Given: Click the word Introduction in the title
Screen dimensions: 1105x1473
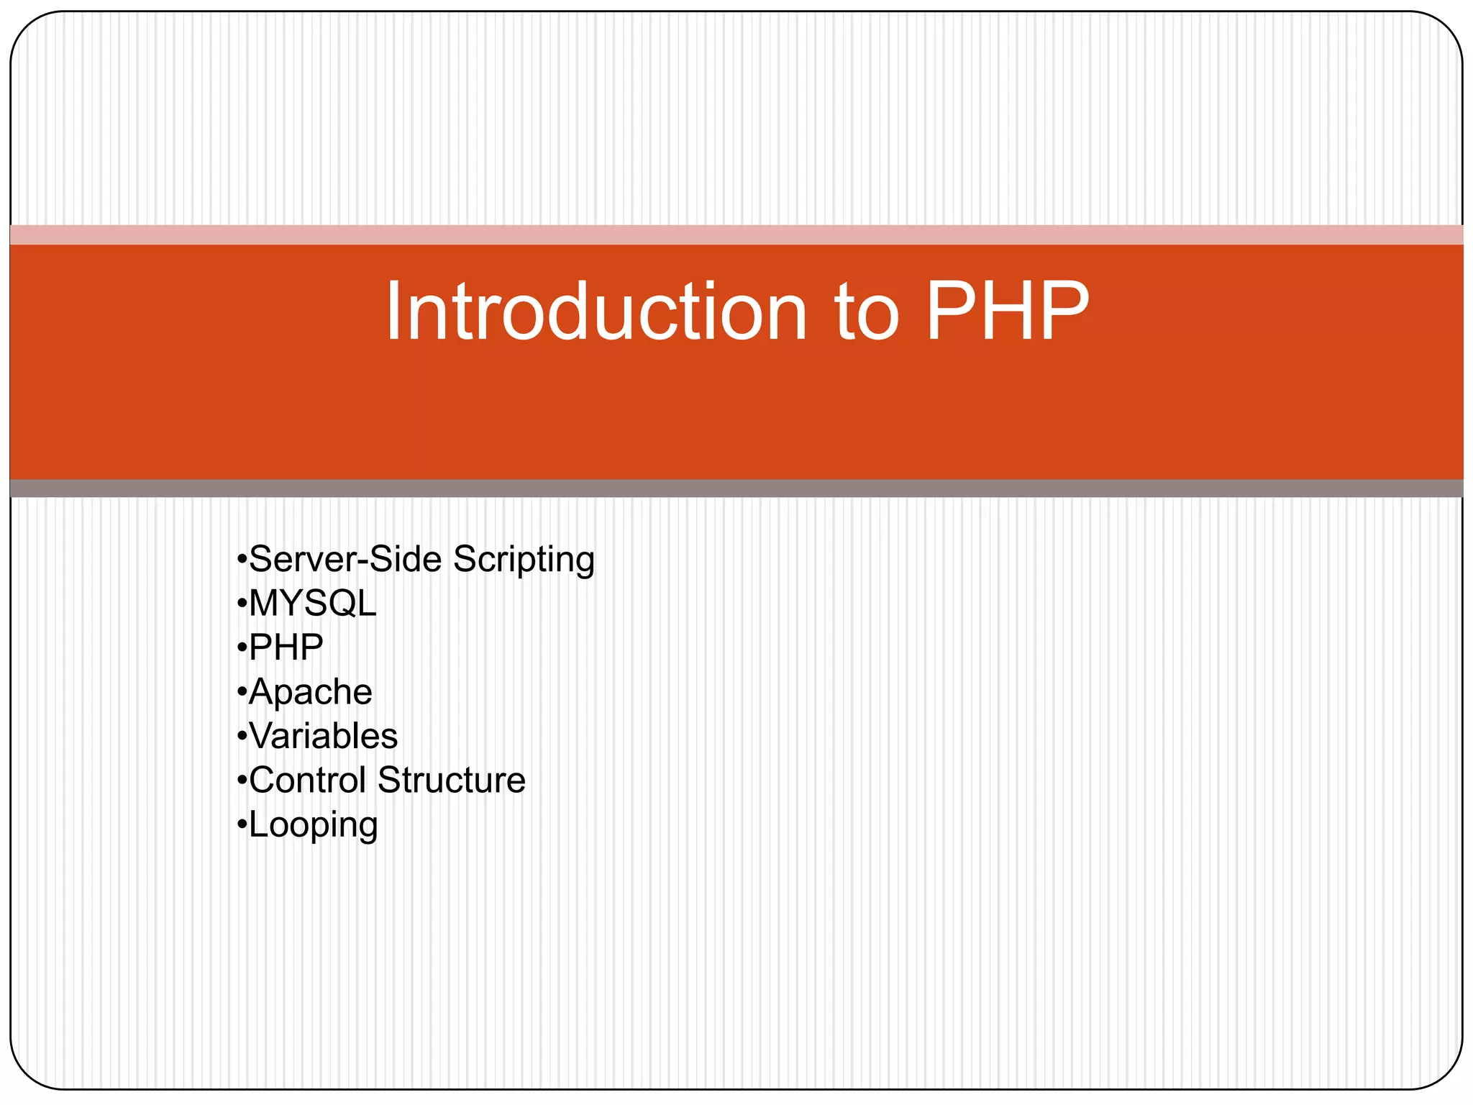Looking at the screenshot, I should coord(596,312).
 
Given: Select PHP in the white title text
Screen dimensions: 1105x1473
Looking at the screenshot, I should coord(1008,312).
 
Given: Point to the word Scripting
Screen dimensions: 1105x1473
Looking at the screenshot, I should coord(524,560).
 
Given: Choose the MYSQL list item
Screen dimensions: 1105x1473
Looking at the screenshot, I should coord(312,603).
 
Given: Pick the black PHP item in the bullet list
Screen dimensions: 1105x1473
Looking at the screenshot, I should coord(286,647).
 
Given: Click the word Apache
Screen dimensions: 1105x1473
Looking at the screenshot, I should coord(310,693).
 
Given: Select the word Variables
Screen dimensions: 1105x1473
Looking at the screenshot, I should coord(323,736).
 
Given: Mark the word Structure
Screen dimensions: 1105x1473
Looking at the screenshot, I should coord(452,780).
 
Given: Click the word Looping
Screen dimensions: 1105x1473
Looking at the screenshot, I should coord(313,825).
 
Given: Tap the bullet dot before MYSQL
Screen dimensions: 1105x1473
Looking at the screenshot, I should coord(242,603).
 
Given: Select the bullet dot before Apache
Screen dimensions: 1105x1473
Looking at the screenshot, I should coord(242,691).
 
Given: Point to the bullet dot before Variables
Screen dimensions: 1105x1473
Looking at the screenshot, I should coord(242,735).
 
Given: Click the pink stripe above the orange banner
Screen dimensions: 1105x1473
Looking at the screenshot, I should coord(736,235).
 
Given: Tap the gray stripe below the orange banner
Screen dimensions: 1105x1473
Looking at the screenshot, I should coord(736,488).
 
